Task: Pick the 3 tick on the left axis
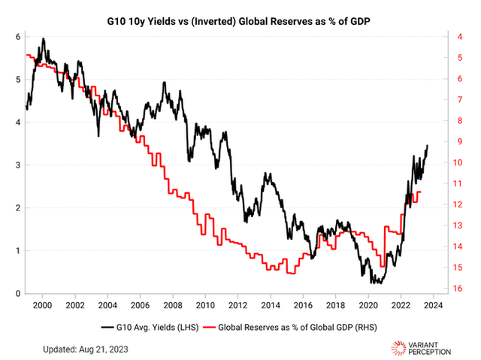click(x=17, y=165)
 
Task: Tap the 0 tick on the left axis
click(x=17, y=293)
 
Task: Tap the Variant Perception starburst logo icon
click(x=401, y=348)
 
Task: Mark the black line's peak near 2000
click(x=43, y=38)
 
